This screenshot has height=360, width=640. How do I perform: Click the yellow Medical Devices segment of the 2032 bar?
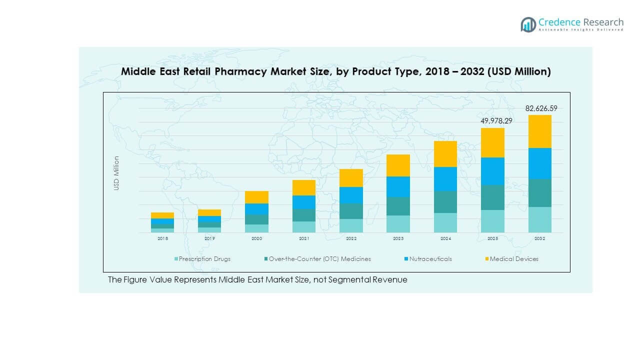click(539, 131)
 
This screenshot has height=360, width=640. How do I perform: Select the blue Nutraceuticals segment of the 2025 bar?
click(492, 171)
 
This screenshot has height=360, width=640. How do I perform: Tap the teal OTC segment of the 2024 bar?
click(445, 202)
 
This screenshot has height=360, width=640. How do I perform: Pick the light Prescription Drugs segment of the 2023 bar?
click(398, 224)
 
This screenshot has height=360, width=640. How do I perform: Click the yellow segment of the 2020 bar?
click(256, 197)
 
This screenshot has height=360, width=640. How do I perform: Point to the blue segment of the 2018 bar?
click(162, 221)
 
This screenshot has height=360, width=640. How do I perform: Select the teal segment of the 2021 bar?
click(304, 215)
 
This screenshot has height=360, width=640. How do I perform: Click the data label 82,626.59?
click(541, 108)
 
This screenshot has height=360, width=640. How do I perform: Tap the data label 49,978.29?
click(492, 120)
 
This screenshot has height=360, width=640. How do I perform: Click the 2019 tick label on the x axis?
click(209, 239)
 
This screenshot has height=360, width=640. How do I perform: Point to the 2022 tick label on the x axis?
click(351, 239)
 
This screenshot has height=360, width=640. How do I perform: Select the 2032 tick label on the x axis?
click(539, 239)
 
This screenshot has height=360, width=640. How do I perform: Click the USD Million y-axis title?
click(116, 173)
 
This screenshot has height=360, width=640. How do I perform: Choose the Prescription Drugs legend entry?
click(204, 259)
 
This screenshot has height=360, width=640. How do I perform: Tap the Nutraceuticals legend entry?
click(429, 259)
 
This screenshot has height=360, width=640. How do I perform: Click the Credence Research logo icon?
click(528, 24)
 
